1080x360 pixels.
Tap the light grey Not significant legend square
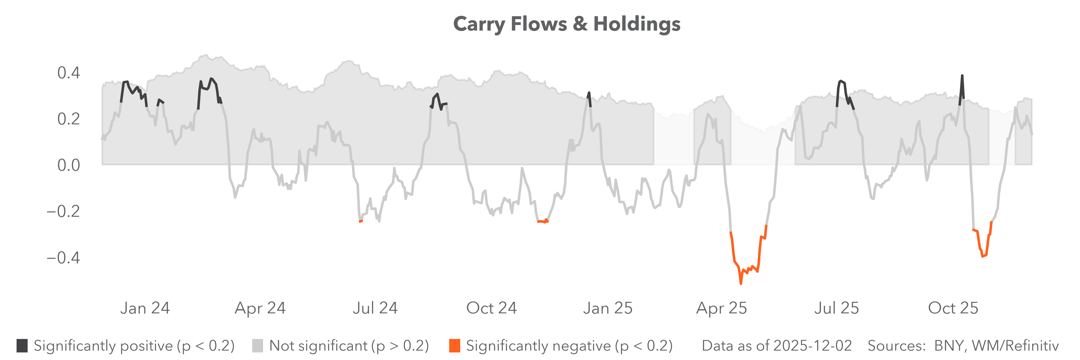click(x=257, y=346)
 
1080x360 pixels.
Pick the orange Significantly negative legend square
click(x=454, y=346)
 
